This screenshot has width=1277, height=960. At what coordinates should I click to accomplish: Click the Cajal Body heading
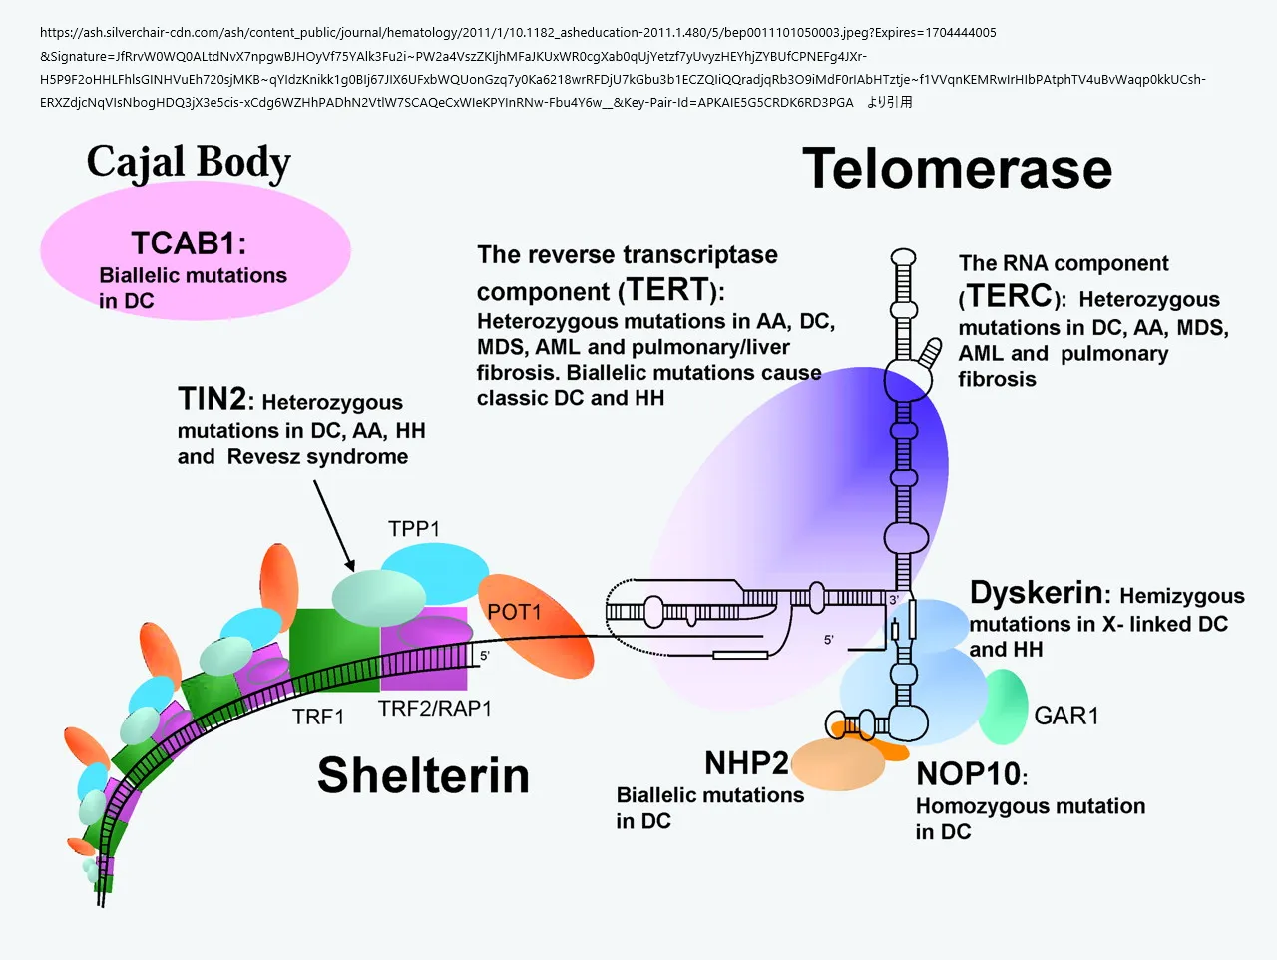pos(189,162)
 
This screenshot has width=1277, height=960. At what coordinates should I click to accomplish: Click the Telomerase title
pos(957,169)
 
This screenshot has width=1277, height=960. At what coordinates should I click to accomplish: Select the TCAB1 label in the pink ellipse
pos(188,242)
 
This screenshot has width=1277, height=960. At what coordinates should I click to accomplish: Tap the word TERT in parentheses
pos(667,290)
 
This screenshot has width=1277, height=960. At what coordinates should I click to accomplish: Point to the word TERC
pos(1009,296)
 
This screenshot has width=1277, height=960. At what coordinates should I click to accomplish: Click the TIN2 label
pos(212,399)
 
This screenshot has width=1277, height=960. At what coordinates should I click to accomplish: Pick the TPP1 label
pos(414,528)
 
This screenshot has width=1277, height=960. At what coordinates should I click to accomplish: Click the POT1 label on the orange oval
pos(514,612)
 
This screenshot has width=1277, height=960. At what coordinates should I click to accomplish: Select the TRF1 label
pos(318,717)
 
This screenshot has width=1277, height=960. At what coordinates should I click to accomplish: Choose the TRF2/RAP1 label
pos(435,709)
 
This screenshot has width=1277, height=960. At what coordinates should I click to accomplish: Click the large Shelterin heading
pos(423,775)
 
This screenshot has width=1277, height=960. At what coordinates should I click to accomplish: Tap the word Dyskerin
pos(1036,593)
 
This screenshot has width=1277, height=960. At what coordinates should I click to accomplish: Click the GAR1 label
pos(1066,716)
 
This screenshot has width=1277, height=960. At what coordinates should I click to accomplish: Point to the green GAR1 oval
pos(1004,707)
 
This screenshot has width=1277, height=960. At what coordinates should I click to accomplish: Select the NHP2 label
pos(746,763)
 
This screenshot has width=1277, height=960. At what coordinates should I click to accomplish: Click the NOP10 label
pos(969,774)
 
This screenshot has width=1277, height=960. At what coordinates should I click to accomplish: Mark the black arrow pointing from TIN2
pos(333,523)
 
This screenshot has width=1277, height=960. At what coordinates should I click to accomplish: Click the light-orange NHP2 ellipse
pos(838,764)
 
